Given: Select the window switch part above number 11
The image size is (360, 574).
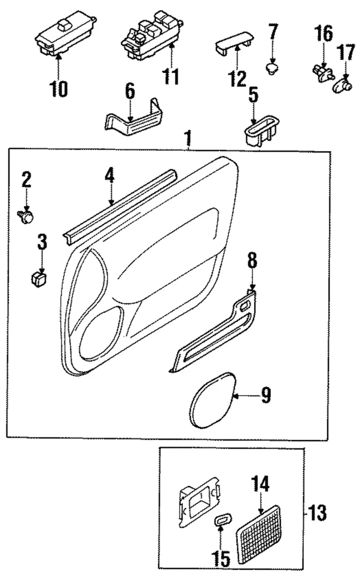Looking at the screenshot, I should tap(150, 35).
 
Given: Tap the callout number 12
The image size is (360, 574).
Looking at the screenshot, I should tap(237, 78).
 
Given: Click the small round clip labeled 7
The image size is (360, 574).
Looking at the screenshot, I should tap(273, 67).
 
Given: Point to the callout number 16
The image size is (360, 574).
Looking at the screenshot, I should tap(324, 33).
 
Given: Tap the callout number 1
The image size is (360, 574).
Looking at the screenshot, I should tap(188, 141).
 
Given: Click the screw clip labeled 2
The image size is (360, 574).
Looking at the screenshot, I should tap(27, 217).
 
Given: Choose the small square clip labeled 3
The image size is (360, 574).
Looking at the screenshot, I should tap(40, 277).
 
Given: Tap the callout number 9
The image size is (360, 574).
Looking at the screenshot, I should tap(265, 395).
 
